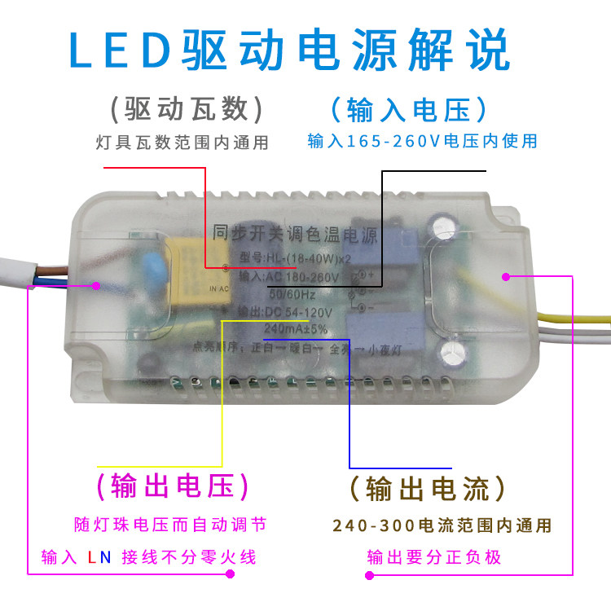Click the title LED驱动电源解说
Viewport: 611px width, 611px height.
[289, 51]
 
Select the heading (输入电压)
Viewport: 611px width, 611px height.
[409, 109]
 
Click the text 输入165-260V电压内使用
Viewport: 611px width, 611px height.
[422, 142]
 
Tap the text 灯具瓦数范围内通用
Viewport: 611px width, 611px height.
[181, 143]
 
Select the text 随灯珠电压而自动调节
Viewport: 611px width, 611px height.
[169, 524]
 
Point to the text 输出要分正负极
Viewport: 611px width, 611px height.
[434, 558]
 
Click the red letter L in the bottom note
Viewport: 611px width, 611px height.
[92, 558]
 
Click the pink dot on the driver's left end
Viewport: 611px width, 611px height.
[97, 286]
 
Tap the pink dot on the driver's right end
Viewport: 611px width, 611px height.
[506, 277]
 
